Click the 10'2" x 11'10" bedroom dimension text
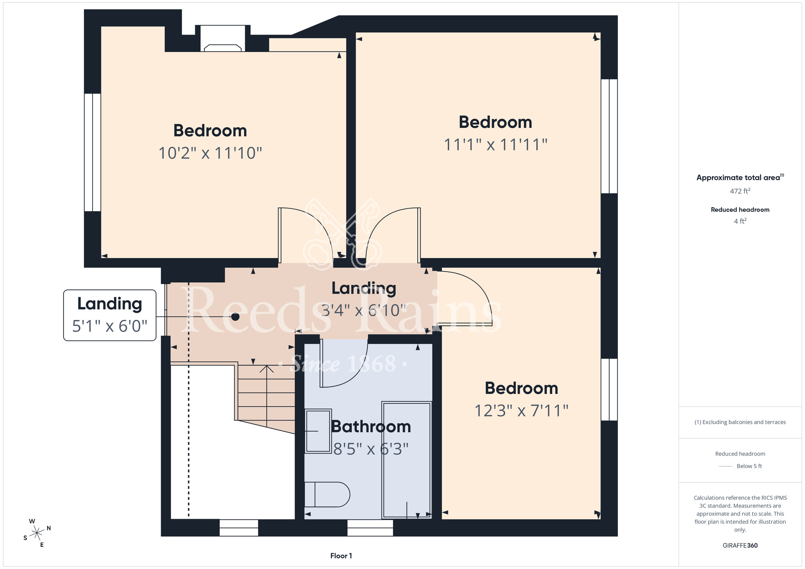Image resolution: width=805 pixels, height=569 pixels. (x=210, y=153)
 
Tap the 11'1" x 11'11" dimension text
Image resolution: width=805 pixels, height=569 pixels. (x=495, y=145)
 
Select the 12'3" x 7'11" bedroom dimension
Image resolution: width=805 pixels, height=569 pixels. (x=521, y=411)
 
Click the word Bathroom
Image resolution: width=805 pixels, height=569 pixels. (x=371, y=427)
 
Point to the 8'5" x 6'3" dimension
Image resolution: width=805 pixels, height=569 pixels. (x=371, y=449)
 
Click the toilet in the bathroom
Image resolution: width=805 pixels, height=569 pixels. (x=327, y=495)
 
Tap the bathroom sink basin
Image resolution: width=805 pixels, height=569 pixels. (x=318, y=431)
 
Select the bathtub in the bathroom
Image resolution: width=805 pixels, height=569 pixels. (x=407, y=460)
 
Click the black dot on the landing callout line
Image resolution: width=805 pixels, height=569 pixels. (x=235, y=317)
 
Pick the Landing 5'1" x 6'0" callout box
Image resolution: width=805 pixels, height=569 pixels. (x=110, y=315)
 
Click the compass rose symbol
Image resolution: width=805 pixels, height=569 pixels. (x=37, y=533)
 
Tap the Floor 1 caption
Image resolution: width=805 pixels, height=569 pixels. (x=341, y=556)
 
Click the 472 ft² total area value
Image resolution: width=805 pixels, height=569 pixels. (x=740, y=191)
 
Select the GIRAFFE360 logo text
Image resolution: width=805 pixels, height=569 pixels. (x=740, y=546)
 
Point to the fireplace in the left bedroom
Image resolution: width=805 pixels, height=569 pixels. (x=223, y=39)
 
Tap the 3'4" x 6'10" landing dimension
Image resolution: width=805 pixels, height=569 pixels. (x=364, y=310)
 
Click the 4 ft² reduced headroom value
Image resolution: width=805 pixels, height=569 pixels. (x=740, y=221)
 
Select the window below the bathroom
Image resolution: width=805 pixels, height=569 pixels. (x=370, y=528)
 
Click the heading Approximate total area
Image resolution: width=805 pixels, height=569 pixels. (x=740, y=177)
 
